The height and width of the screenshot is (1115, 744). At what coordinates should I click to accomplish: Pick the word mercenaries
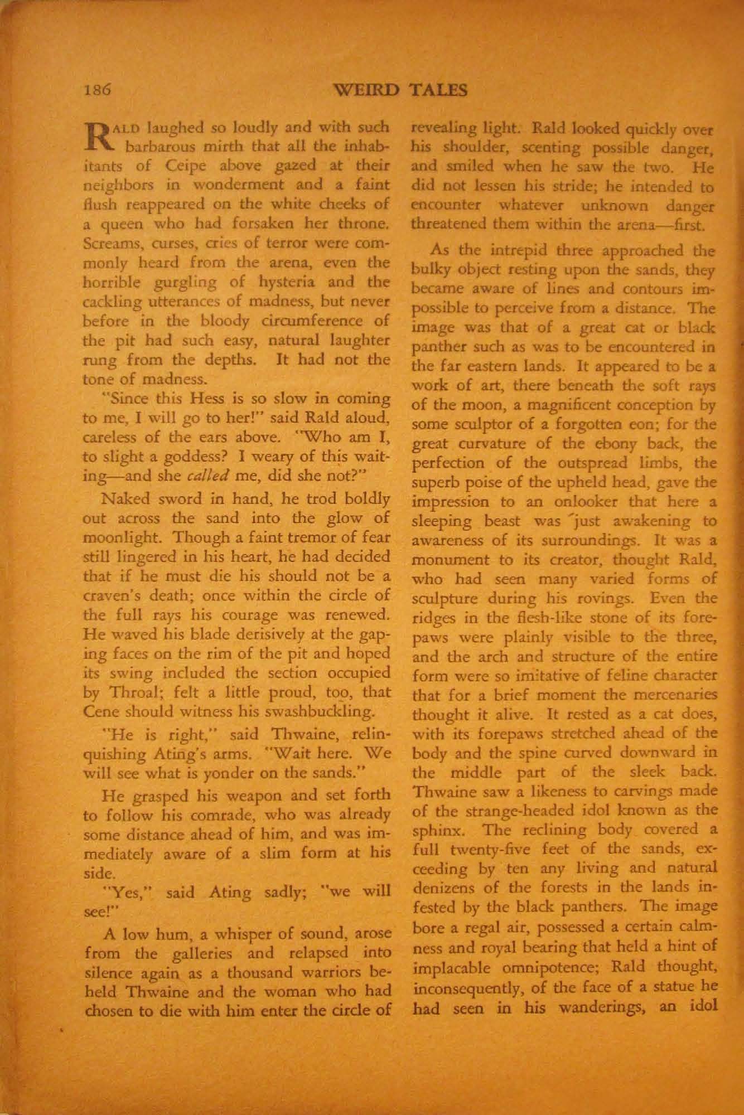coord(674,694)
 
